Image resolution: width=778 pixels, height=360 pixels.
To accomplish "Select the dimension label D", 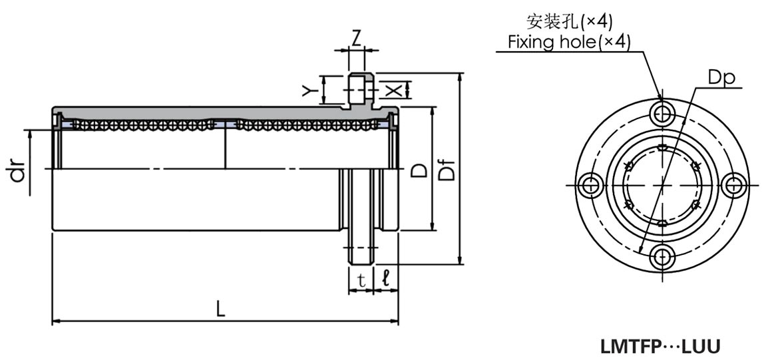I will coord(419,170).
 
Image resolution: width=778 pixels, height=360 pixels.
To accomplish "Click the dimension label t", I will coord(361,280).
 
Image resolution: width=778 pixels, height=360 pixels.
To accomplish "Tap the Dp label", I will coord(720,78).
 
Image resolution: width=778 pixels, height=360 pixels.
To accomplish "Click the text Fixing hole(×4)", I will coord(568,43).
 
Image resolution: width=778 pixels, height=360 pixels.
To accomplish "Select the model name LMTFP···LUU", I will coord(661,347).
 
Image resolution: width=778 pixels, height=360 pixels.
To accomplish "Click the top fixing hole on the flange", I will coord(661,114).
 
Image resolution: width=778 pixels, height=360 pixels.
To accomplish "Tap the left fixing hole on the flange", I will coord(589,185).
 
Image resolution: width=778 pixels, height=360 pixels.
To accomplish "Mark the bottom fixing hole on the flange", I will coord(661,257).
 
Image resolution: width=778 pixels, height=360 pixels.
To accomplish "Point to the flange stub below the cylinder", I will coord(360,247).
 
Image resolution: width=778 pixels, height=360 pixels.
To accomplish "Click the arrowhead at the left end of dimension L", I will coord(55,322).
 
